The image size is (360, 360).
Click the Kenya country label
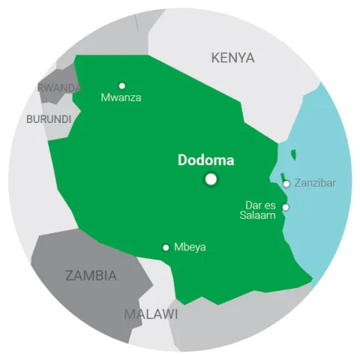point(232,58)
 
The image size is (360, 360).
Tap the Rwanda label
point(59,88)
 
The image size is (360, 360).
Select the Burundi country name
point(49,118)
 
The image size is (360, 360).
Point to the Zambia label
point(91,275)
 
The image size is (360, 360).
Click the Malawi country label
point(151,313)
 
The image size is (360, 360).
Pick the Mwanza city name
point(121,97)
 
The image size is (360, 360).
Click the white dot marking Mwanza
point(122,85)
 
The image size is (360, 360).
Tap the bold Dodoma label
point(205,160)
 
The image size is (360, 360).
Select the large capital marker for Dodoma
point(211,178)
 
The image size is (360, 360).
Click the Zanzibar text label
point(315,182)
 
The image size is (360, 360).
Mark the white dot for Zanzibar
point(286,183)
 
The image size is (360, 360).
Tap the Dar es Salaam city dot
point(284,208)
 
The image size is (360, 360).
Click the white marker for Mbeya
point(166,247)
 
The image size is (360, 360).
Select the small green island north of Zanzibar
point(293,155)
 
